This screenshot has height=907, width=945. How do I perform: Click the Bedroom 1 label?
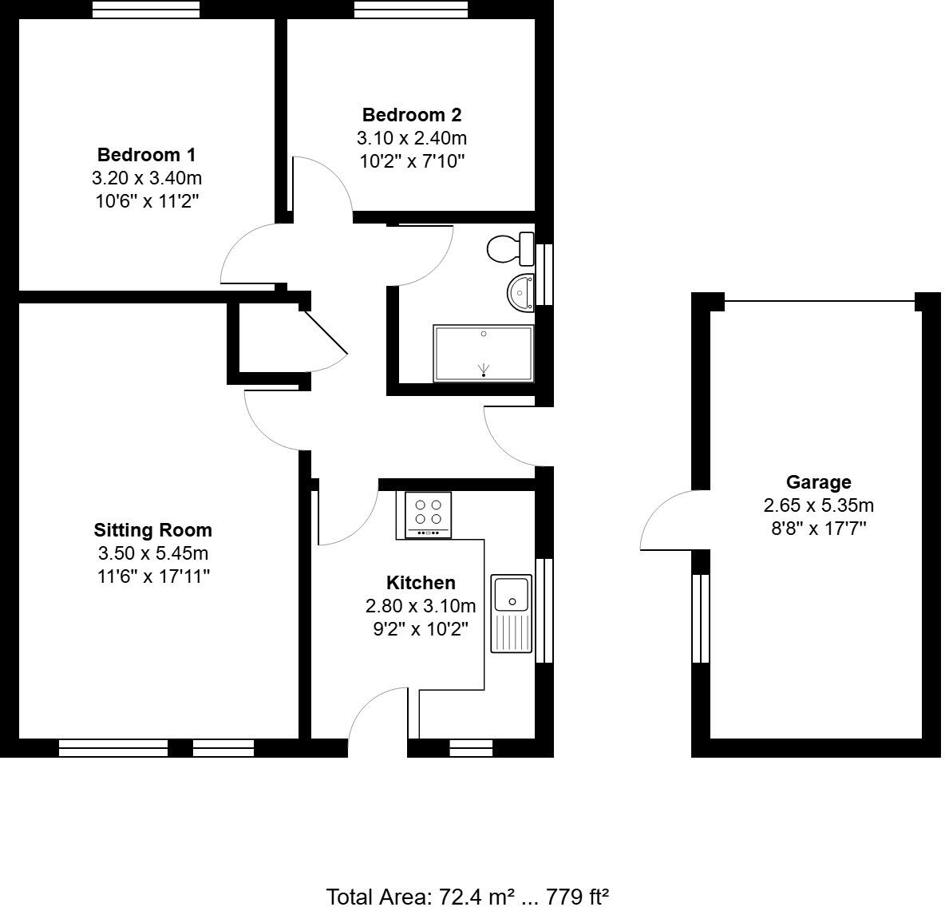click(x=146, y=154)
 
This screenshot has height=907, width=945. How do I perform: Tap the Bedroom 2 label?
click(x=411, y=114)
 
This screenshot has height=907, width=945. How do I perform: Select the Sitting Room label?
click(x=153, y=529)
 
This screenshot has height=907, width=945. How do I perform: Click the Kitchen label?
click(x=421, y=583)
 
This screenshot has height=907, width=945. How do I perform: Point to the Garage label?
click(x=818, y=482)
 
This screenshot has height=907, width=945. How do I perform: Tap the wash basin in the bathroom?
click(x=521, y=291)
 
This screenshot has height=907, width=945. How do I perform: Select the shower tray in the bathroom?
click(x=483, y=354)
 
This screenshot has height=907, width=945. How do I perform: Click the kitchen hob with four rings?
click(x=428, y=514)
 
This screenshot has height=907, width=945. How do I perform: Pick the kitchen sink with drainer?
click(x=512, y=612)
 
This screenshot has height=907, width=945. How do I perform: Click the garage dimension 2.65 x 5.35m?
click(x=818, y=505)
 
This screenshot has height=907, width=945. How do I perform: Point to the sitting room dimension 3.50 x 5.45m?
click(x=153, y=553)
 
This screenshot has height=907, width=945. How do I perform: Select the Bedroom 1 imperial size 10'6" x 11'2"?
click(x=146, y=200)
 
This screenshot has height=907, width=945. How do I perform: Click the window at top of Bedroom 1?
click(x=145, y=9)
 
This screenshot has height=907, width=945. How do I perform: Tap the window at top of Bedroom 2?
click(x=410, y=9)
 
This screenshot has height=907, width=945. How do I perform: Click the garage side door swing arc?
click(x=665, y=521)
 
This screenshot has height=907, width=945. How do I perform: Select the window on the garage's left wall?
click(x=700, y=618)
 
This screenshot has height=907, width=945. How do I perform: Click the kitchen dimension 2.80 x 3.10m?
click(x=421, y=606)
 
